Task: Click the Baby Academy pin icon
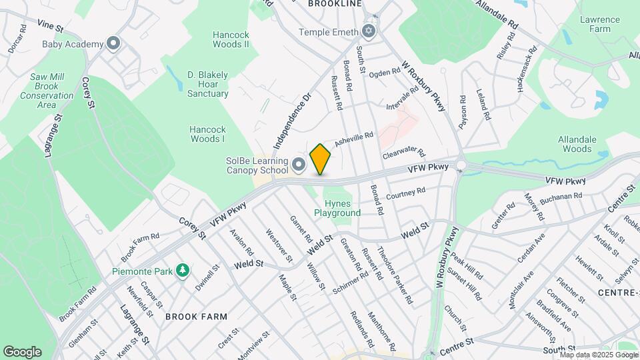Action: click(x=114, y=44)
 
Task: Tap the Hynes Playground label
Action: click(x=342, y=208)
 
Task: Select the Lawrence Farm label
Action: click(x=595, y=25)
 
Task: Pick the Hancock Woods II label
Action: click(x=230, y=39)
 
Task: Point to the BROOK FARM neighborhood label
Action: click(x=196, y=317)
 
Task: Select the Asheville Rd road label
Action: click(x=353, y=139)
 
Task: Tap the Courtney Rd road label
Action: click(x=405, y=194)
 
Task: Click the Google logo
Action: click(x=22, y=351)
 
